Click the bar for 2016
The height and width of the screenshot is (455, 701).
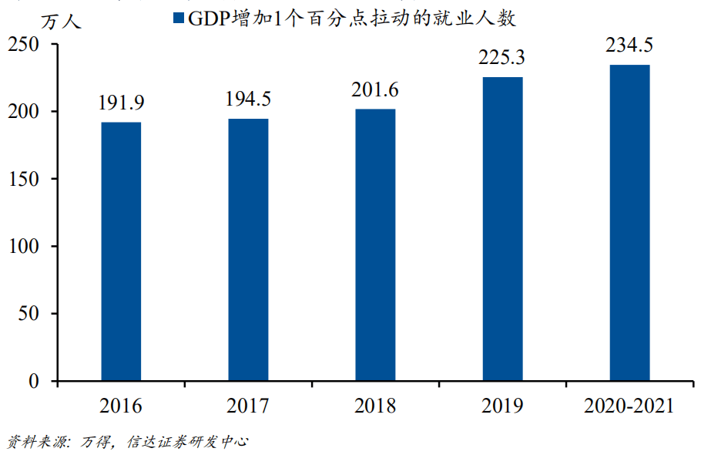point(121,251)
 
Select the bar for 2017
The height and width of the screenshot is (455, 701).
point(248,250)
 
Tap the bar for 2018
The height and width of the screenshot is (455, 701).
point(375,245)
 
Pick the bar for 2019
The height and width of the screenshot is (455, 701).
point(502,229)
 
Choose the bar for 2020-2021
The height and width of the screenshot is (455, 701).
point(629,223)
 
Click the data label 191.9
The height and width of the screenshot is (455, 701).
point(121,103)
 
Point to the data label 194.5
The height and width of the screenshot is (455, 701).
point(248,99)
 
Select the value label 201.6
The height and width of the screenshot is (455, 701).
point(375,90)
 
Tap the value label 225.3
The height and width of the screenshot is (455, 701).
point(502,58)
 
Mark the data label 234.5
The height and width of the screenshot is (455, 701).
point(629,45)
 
